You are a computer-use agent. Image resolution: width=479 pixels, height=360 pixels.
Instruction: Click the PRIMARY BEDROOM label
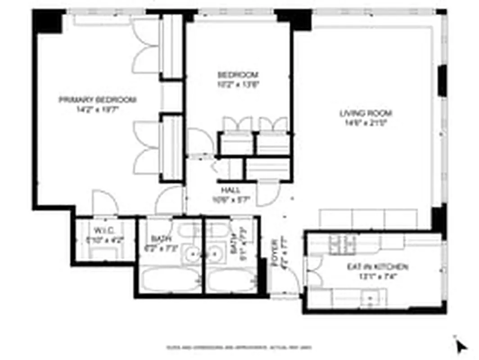click(x=98, y=99)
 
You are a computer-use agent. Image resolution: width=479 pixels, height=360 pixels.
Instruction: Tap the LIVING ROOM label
click(x=366, y=113)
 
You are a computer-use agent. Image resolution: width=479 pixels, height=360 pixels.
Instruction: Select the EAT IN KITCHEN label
click(x=377, y=267)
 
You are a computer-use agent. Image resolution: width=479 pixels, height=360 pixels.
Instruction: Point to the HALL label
click(x=230, y=190)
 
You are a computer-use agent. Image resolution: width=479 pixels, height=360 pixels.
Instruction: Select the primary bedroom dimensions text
click(x=98, y=108)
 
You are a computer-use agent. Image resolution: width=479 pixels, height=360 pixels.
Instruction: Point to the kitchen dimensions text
click(x=377, y=276)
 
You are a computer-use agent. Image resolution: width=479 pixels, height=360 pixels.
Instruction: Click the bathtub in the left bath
click(x=169, y=280)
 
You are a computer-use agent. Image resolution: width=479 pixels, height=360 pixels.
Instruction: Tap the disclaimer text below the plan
click(x=239, y=347)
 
